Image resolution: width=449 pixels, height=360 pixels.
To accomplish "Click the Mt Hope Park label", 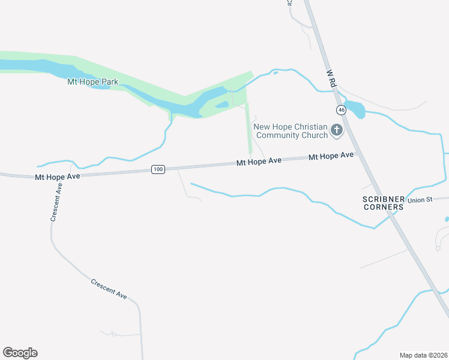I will (x=92, y=82).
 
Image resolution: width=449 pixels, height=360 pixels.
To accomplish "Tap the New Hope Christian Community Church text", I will (x=291, y=131).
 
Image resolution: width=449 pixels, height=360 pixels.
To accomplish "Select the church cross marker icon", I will (x=337, y=130).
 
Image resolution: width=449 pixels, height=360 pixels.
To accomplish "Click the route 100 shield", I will (x=158, y=170).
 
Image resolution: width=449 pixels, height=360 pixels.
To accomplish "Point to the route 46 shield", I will (x=341, y=110).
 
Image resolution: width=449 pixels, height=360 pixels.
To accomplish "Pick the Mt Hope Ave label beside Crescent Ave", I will (x=58, y=177).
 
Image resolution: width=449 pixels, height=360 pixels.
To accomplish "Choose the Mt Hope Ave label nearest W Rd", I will (x=331, y=156).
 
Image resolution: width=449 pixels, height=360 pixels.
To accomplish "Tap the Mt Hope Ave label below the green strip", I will (x=259, y=162).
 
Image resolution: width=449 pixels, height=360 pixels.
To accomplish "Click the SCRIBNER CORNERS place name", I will (x=383, y=203).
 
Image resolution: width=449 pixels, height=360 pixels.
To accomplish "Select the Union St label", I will (x=420, y=200).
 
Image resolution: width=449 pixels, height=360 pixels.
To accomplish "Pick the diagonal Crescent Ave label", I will (x=109, y=289).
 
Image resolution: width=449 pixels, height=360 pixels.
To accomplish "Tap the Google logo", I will (x=20, y=353).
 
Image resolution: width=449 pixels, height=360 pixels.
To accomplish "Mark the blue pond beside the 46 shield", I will (x=355, y=110).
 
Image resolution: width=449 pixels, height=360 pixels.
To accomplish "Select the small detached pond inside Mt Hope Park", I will (x=222, y=105).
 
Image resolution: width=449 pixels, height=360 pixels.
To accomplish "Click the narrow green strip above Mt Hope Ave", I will (x=248, y=129).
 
